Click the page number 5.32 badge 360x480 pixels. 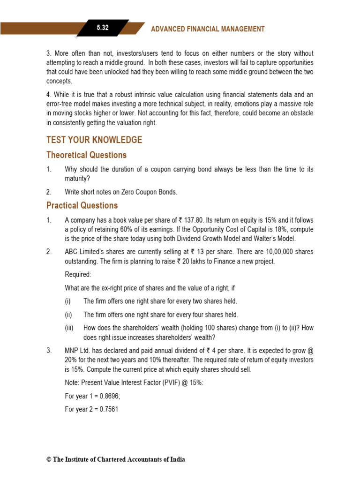pos(103,28)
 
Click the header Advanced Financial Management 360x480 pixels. pos(208,29)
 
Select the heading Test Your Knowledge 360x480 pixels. pos(94,140)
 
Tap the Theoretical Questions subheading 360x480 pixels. pos(86,155)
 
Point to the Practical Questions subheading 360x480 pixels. pos(82,205)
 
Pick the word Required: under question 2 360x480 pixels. pos(78,274)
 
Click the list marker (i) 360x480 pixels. pos(68,301)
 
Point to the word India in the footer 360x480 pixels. pos(177,459)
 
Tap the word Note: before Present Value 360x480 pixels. pos(73,382)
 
